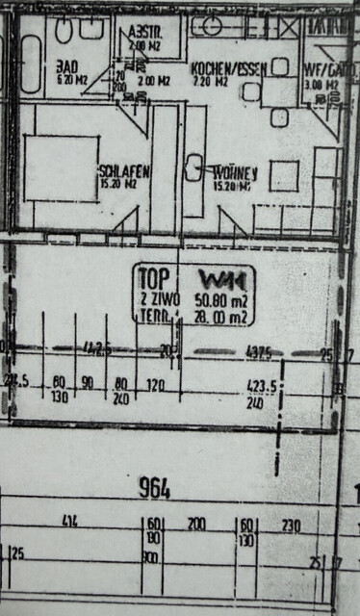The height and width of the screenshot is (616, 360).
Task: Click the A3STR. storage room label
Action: (146, 32)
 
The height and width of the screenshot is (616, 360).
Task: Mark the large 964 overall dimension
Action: (153, 489)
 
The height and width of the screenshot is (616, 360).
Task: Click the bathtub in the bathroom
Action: (29, 64)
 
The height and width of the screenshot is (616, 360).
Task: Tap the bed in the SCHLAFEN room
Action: (60, 167)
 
